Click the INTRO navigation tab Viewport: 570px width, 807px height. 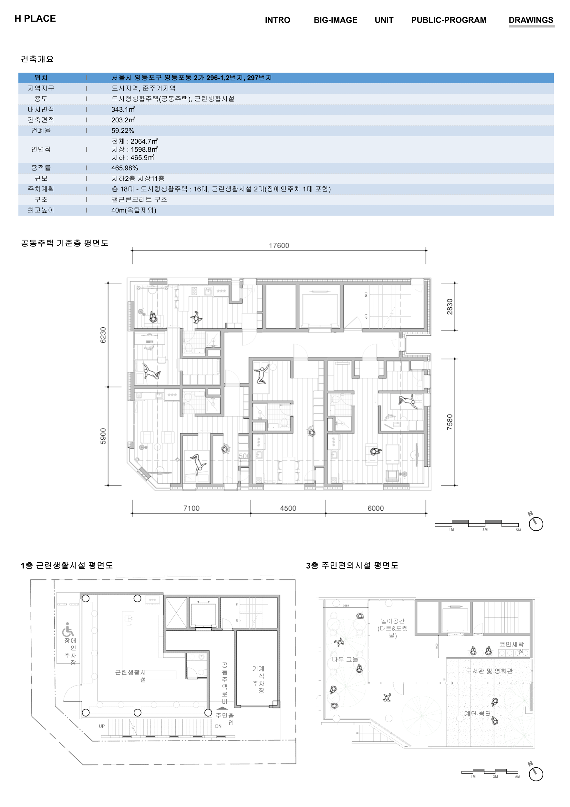(277, 20)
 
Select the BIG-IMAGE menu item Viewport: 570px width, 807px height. (335, 20)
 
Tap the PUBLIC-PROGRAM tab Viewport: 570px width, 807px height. (449, 20)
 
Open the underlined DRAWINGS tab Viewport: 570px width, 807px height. (531, 20)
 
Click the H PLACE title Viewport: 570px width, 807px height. (35, 19)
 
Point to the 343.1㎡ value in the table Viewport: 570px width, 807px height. (123, 110)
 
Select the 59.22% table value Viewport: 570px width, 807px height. (123, 131)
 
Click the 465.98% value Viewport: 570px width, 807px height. (124, 168)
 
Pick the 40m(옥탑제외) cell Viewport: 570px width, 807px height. (134, 210)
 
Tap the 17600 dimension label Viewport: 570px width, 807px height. (279, 245)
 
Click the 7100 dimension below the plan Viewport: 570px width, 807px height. (191, 508)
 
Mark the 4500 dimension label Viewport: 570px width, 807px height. (288, 508)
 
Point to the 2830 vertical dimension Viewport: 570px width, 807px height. (450, 306)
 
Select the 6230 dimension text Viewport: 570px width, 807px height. (103, 335)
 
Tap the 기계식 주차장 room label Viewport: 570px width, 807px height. (258, 679)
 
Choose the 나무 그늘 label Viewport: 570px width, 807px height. (345, 659)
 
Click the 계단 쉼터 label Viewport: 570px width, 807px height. (478, 713)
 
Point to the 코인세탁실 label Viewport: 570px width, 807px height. (512, 647)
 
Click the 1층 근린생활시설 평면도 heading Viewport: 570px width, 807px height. (67, 565)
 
